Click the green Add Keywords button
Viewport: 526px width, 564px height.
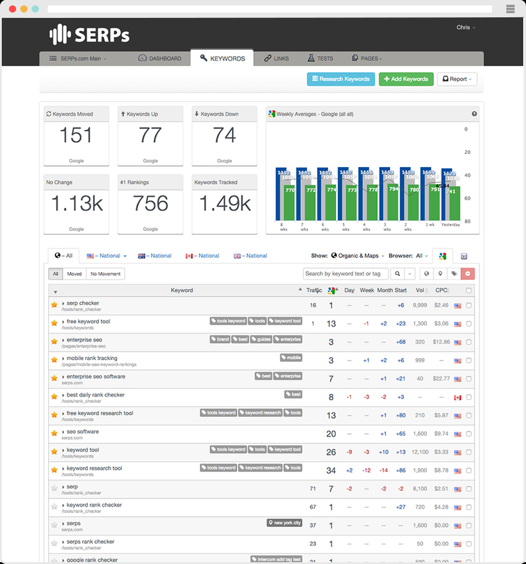406,79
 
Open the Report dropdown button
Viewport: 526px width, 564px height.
457,79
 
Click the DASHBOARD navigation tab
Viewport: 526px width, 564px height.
160,59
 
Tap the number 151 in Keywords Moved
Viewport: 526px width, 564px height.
76,135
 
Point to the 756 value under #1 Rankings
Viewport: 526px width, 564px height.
150,203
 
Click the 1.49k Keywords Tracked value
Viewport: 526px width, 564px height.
224,203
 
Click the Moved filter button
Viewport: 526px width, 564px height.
75,273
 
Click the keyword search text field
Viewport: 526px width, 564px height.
345,273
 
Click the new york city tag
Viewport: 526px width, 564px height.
285,523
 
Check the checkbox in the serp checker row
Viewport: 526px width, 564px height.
468,305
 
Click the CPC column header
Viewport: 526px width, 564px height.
441,290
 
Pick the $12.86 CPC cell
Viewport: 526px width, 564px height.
441,341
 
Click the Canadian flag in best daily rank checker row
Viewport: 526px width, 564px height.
458,397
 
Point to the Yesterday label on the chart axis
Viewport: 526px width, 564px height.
450,225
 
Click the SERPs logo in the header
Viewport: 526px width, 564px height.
90,35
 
